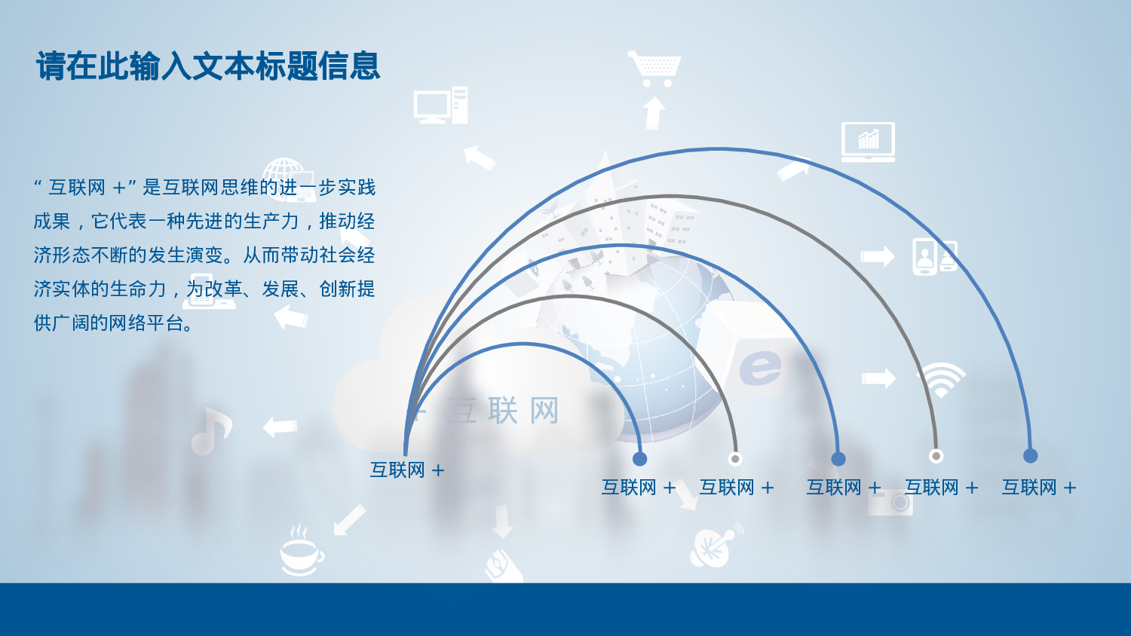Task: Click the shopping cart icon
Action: [654, 68]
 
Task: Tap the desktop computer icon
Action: [440, 105]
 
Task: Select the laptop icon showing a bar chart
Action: [868, 142]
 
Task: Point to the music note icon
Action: [210, 431]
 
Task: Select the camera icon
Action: [891, 502]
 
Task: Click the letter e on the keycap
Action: [759, 367]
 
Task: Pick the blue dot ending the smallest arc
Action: [640, 459]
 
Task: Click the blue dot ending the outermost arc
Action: [1030, 456]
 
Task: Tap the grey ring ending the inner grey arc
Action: [735, 459]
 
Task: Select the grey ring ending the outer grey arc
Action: [936, 456]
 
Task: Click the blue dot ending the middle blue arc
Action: [838, 459]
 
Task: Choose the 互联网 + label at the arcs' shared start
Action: [407, 470]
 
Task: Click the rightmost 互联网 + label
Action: [1038, 488]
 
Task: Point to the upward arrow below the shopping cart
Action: [654, 114]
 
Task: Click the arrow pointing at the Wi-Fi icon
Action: [878, 378]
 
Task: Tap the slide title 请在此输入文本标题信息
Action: [208, 66]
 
